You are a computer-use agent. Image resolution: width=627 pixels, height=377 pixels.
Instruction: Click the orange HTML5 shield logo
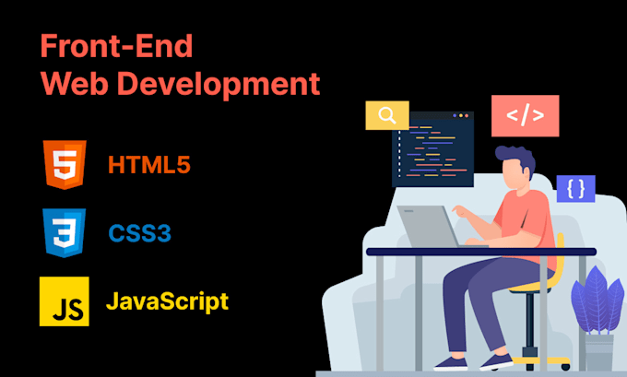coord(64,166)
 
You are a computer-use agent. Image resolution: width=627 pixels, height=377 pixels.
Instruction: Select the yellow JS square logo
coord(64,301)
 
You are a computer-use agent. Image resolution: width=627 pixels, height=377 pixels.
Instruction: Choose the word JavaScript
coord(167,300)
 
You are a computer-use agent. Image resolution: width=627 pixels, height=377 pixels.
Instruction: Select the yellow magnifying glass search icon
coord(387,115)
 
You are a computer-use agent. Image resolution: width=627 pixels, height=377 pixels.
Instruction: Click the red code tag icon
coord(525,116)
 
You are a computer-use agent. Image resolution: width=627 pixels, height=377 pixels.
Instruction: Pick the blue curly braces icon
coord(575,189)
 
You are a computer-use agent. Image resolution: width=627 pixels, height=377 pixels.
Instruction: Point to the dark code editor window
coord(432,147)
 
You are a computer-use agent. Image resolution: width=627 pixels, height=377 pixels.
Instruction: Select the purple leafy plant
coord(597,300)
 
